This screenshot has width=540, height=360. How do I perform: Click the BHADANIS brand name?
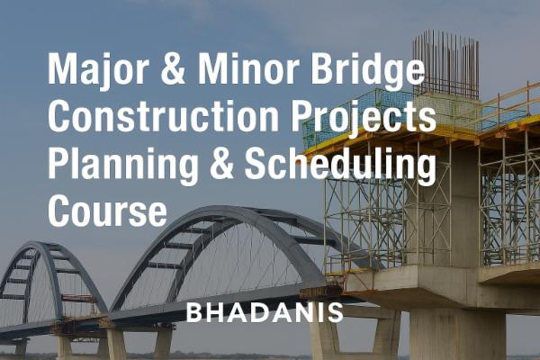265,313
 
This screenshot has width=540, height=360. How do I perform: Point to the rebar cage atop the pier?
445,63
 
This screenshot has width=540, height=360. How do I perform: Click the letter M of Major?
60,70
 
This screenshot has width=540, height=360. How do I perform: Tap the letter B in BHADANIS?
193,313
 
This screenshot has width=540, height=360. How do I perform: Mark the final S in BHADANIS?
336,313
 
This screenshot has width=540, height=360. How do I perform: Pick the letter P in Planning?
58,165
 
